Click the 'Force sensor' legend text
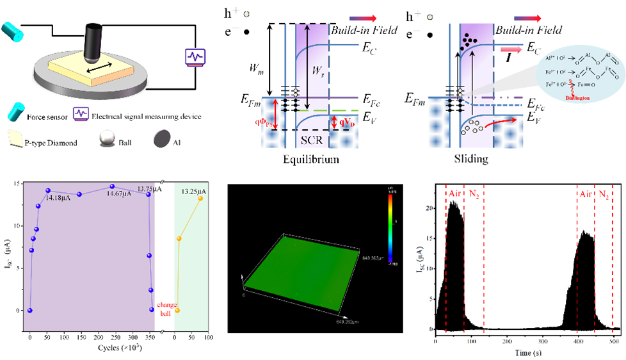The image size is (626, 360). [x=49, y=117]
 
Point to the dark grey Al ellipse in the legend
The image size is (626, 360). [x=161, y=141]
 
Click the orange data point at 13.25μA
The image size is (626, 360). [x=200, y=198]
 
